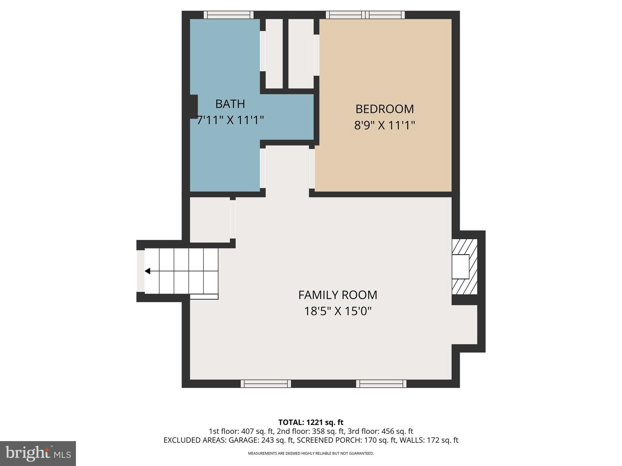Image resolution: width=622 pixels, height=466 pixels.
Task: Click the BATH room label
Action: (230, 104)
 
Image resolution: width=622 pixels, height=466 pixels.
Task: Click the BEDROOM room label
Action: (384, 109)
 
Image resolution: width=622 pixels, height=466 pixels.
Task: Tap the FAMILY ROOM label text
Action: (337, 295)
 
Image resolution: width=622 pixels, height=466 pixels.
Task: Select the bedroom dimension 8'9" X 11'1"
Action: (384, 125)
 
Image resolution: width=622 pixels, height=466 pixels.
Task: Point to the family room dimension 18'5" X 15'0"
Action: (338, 311)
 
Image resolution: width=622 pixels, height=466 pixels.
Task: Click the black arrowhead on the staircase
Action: (148, 271)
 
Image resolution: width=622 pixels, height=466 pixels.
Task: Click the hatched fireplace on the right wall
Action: (464, 267)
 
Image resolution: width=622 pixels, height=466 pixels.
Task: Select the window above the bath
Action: (228, 15)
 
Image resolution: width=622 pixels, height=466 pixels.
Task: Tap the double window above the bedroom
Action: (365, 15)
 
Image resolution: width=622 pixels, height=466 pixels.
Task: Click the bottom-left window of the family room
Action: (266, 384)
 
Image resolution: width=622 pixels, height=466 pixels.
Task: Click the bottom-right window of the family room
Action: (381, 384)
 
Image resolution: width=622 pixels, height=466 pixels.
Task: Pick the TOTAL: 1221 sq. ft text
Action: (311, 422)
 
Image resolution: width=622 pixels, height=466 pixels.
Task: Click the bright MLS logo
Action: (38, 453)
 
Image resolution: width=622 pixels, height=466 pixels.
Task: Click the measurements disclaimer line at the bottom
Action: (311, 454)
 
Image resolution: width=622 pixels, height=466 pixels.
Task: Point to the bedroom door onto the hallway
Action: (312, 168)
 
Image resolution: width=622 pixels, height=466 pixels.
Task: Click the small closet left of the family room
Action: (210, 220)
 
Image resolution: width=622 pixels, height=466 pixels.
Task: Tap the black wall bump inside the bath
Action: (193, 106)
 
